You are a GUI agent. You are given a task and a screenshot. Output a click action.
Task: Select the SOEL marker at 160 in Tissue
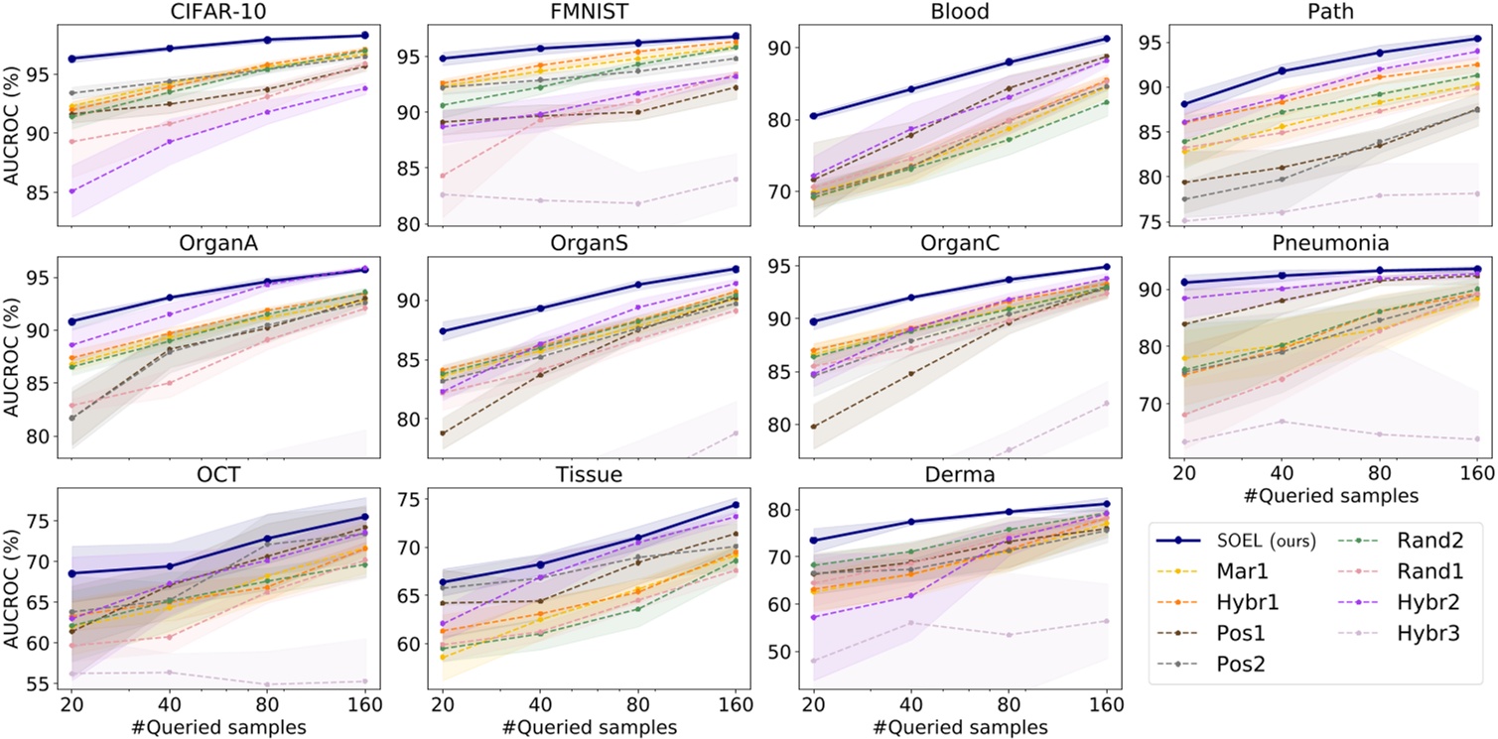click(x=736, y=505)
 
